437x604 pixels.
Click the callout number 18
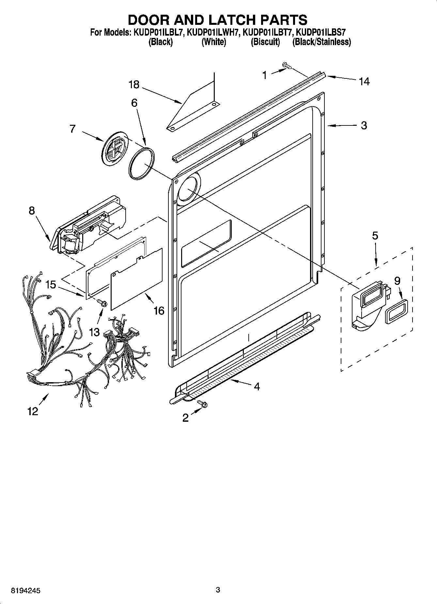(134, 85)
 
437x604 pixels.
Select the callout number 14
(364, 81)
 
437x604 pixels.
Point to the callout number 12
(33, 411)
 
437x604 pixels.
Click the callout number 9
(397, 281)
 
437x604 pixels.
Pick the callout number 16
(159, 310)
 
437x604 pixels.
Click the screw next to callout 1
(287, 66)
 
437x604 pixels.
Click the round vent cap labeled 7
(114, 149)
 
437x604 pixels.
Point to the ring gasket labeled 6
(141, 163)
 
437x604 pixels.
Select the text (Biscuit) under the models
(265, 42)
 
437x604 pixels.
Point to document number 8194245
(26, 590)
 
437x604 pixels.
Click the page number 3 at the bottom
(218, 590)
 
